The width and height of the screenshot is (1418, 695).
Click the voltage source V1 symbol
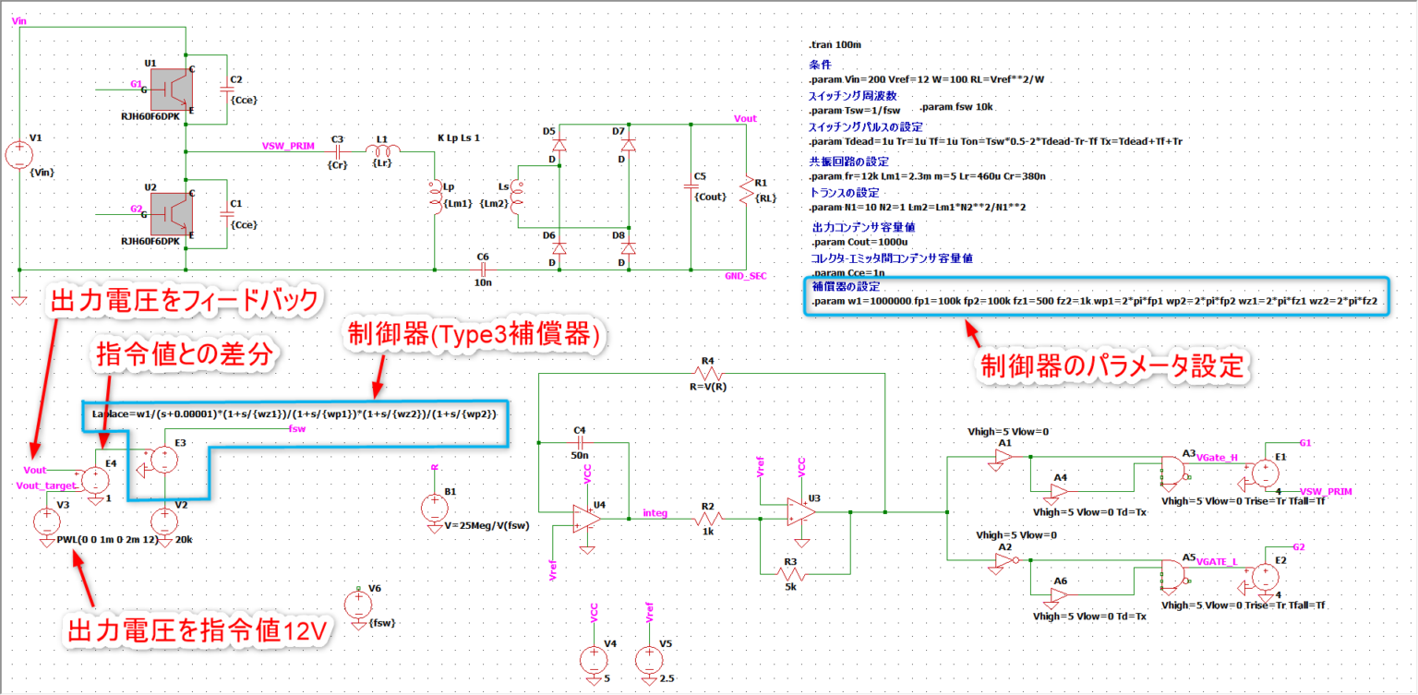click(18, 155)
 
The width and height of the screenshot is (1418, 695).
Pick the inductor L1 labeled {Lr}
click(383, 150)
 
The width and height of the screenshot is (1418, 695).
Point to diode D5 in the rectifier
click(559, 144)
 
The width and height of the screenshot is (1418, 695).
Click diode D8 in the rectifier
click(628, 248)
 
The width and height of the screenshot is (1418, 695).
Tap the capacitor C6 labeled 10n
click(482, 270)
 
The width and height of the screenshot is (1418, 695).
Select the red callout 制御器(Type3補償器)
click(473, 336)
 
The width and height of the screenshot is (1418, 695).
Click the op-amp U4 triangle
click(583, 519)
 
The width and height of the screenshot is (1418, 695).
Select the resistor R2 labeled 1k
click(708, 520)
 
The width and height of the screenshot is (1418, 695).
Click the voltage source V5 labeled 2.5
click(649, 658)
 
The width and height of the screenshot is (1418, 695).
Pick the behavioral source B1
click(433, 507)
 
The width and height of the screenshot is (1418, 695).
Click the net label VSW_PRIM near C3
click(288, 145)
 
